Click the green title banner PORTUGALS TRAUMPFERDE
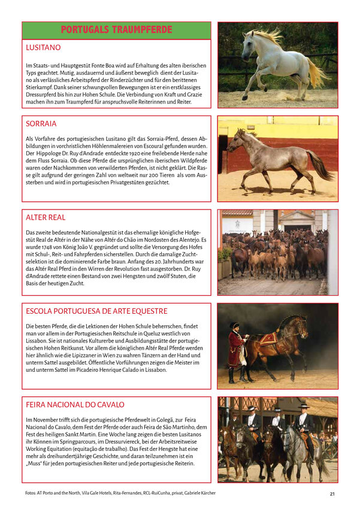pos(116,30)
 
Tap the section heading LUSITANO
pos(43,47)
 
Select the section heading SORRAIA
pos(41,124)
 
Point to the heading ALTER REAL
pos(46,217)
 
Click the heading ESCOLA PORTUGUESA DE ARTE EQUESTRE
pos(96,311)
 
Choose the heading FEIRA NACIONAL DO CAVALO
pos(75,405)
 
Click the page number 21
pos(332,494)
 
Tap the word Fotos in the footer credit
pos(29,493)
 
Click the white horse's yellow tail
pos(317,73)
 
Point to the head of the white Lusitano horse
pos(249,39)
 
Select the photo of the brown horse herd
pos(277,252)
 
